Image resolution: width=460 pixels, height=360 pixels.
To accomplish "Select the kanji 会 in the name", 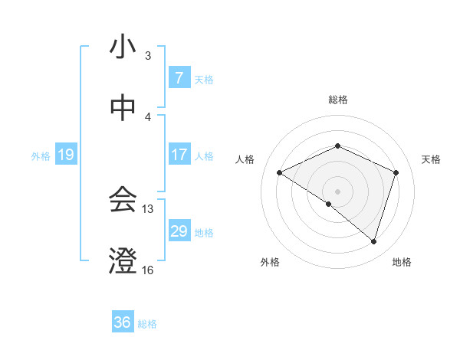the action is tap(123, 200).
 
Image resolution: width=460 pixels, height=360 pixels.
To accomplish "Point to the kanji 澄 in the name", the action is tap(123, 261).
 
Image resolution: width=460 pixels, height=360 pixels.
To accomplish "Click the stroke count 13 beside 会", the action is tap(148, 208).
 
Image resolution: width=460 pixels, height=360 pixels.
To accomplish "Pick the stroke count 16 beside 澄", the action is tap(148, 270).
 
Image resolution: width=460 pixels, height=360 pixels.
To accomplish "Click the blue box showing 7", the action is tap(179, 78).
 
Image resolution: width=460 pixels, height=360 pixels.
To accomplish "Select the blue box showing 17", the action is tap(179, 155).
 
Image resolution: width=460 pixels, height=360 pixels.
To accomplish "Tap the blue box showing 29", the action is tap(179, 231).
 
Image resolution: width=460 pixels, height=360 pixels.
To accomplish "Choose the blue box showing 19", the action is tap(65, 155).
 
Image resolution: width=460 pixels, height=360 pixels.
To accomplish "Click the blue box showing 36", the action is tap(123, 322).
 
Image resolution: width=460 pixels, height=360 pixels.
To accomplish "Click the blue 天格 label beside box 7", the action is tap(204, 79).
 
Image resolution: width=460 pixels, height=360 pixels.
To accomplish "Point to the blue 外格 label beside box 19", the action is tap(41, 155).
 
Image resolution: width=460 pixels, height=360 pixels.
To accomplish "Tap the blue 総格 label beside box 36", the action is tap(147, 323).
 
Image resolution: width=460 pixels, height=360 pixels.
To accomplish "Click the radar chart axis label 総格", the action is tap(338, 100).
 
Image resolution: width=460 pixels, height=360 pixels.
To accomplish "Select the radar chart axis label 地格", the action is tap(402, 262).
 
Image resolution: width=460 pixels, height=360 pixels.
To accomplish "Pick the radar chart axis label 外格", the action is tap(270, 262).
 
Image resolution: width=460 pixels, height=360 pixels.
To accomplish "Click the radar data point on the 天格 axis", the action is tap(396, 172).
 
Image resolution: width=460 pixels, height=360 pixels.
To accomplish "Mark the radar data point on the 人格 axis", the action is tap(280, 172).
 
